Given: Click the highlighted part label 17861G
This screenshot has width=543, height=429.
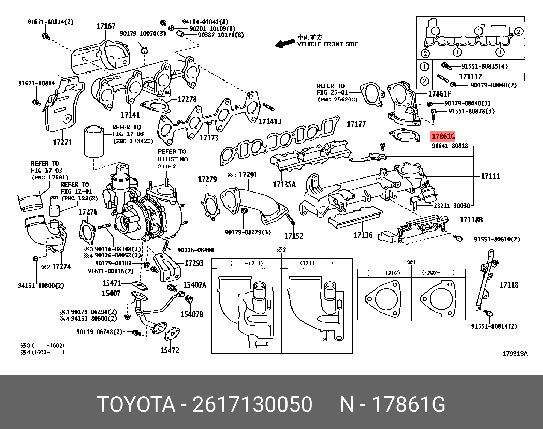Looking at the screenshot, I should click(443, 137).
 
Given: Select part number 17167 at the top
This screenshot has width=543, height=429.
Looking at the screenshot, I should click(106, 26).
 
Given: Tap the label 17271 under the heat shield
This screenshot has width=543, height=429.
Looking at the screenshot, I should click(62, 142).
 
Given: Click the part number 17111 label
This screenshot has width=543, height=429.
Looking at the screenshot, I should click(490, 176).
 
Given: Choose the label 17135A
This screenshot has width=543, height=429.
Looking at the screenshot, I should click(284, 185).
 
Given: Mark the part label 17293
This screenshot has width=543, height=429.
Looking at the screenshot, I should click(194, 263).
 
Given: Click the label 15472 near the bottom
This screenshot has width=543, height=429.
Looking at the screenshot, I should click(170, 350).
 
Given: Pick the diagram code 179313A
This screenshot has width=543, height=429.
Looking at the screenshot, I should click(515, 354).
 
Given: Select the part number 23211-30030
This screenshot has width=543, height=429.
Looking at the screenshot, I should click(452, 206).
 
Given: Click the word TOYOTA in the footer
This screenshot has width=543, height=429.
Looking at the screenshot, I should click(136, 405).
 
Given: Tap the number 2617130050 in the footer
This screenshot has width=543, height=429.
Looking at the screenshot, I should click(252, 405).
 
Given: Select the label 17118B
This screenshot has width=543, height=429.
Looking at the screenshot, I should click(471, 220).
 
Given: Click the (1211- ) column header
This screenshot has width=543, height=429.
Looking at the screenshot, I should click(316, 263).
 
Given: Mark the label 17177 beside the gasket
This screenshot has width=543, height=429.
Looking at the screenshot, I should click(356, 124).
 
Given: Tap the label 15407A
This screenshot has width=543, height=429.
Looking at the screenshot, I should click(194, 285).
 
